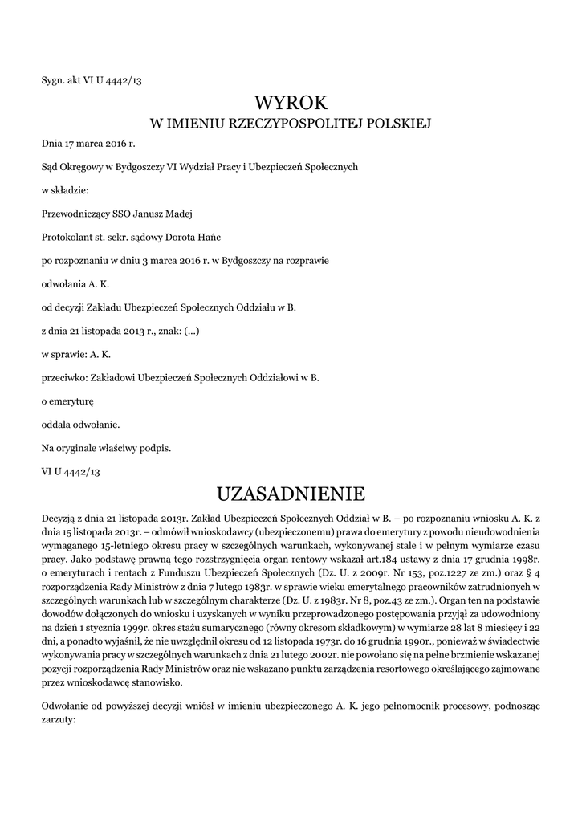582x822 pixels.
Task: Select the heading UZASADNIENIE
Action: click(x=291, y=491)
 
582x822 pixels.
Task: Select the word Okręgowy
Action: click(x=85, y=167)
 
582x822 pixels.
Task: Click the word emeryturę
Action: click(x=73, y=400)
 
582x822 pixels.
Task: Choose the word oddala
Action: click(x=56, y=423)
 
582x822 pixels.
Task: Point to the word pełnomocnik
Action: click(x=425, y=705)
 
